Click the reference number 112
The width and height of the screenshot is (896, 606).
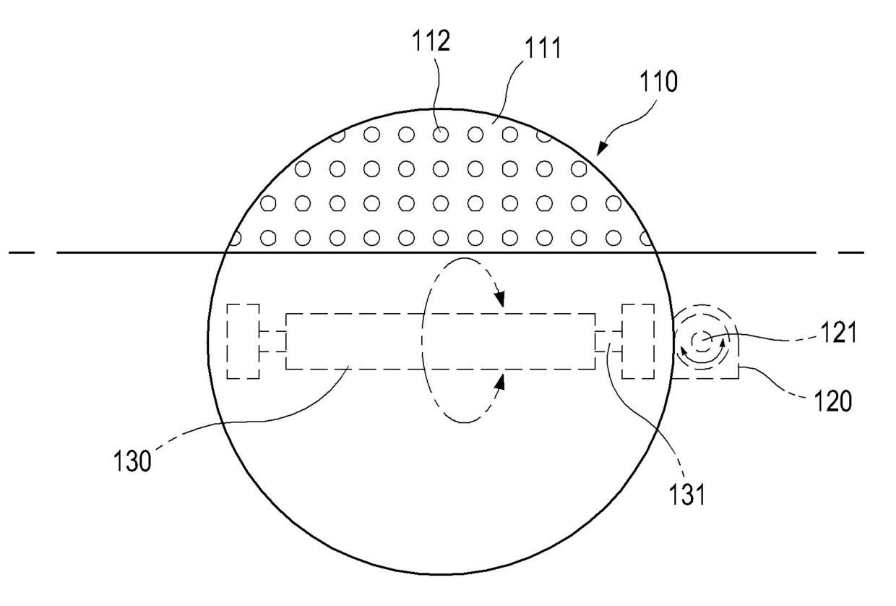click(x=431, y=41)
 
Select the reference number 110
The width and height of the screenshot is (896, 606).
click(x=658, y=82)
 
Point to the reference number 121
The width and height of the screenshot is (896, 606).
click(x=839, y=332)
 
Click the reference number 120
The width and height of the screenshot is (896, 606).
click(x=833, y=401)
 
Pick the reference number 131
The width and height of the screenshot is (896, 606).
click(x=687, y=495)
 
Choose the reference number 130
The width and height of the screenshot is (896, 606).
click(x=132, y=461)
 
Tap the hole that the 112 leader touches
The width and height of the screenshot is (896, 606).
click(x=441, y=135)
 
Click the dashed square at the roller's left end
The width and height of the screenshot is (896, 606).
click(x=244, y=341)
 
